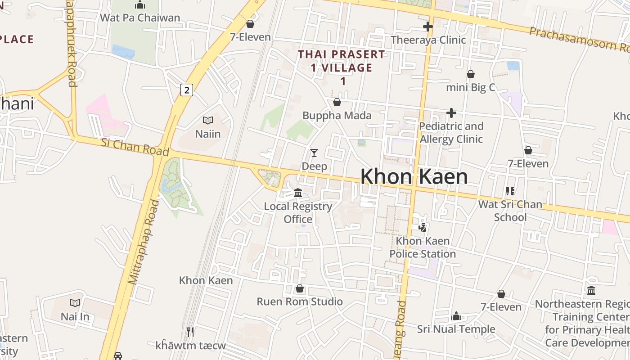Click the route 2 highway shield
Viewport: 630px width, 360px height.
click(187, 90)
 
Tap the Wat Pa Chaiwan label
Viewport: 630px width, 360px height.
click(140, 18)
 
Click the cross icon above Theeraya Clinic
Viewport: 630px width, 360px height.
click(428, 27)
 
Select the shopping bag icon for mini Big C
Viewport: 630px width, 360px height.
click(471, 74)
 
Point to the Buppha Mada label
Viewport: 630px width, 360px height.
click(337, 116)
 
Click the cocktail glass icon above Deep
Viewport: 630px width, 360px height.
click(314, 153)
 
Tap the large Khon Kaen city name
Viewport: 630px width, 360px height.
click(414, 176)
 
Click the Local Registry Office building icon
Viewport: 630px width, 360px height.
click(298, 193)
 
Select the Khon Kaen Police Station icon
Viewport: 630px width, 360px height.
click(422, 227)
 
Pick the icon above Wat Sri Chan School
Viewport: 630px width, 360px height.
click(510, 191)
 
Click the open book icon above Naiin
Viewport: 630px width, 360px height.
click(207, 120)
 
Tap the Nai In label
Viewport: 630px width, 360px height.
click(75, 316)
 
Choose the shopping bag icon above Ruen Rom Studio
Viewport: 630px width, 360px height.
click(300, 288)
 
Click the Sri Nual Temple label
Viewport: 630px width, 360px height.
click(456, 329)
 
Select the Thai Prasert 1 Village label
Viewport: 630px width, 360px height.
click(342, 67)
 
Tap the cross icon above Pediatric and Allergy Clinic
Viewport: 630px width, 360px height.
click(451, 113)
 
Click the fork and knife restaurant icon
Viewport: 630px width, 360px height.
click(190, 332)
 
